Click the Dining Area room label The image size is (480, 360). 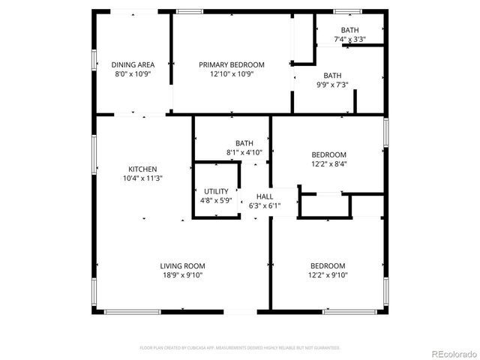[133, 65]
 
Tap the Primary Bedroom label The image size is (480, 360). [232, 65]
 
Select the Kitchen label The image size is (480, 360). [142, 169]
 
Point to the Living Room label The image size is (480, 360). [182, 266]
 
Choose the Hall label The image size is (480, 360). [264, 196]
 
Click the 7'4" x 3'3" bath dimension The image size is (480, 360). [349, 39]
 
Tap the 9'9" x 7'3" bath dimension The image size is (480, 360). [333, 85]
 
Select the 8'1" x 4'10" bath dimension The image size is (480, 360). [244, 152]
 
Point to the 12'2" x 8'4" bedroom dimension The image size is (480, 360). [328, 163]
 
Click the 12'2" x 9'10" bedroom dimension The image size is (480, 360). [328, 275]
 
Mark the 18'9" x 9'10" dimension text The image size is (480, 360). [182, 275]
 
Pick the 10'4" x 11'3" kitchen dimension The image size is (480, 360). [142, 178]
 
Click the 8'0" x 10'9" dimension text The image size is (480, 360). [133, 74]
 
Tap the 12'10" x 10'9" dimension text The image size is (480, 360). [232, 74]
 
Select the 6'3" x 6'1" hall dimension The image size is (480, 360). [264, 205]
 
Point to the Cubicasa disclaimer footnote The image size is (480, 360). [240, 348]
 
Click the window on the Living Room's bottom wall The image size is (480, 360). [133, 311]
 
